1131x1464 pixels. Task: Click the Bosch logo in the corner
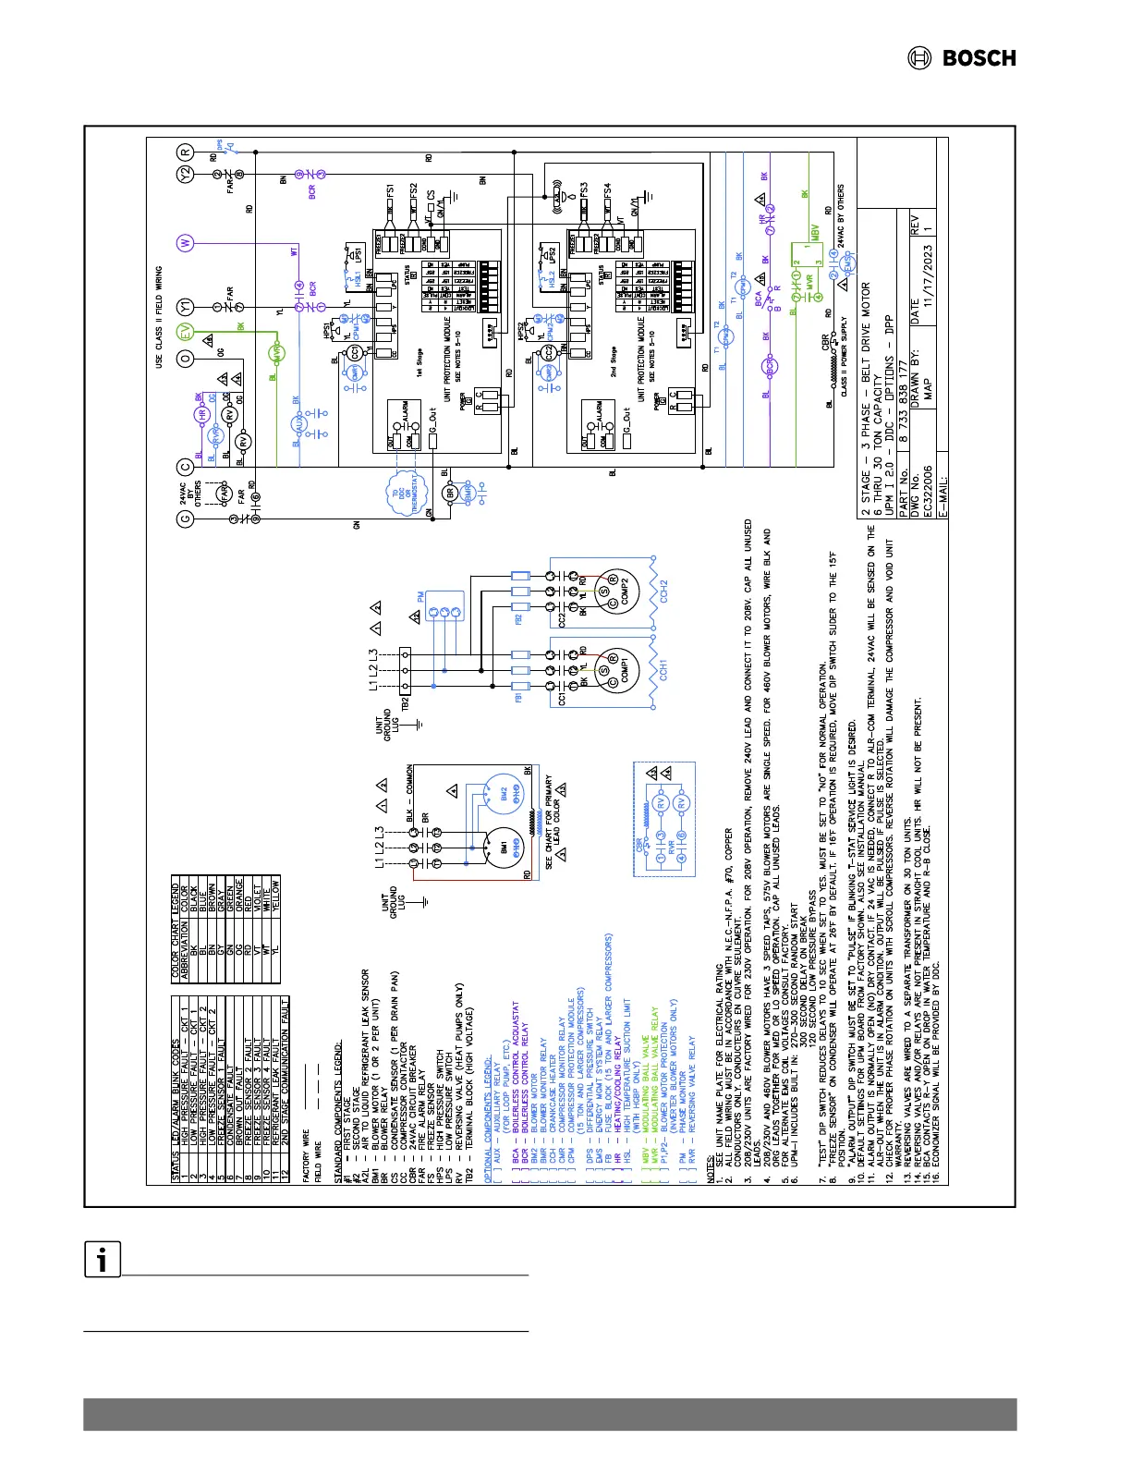click(x=961, y=58)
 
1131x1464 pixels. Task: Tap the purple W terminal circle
click(x=186, y=243)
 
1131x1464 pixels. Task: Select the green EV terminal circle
click(x=186, y=331)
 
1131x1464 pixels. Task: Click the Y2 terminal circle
click(x=186, y=174)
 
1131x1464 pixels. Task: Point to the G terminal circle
click(x=186, y=519)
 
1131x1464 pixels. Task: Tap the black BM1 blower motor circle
click(x=499, y=848)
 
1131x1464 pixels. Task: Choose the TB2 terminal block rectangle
click(x=405, y=670)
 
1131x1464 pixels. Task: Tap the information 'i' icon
click(x=103, y=1260)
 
